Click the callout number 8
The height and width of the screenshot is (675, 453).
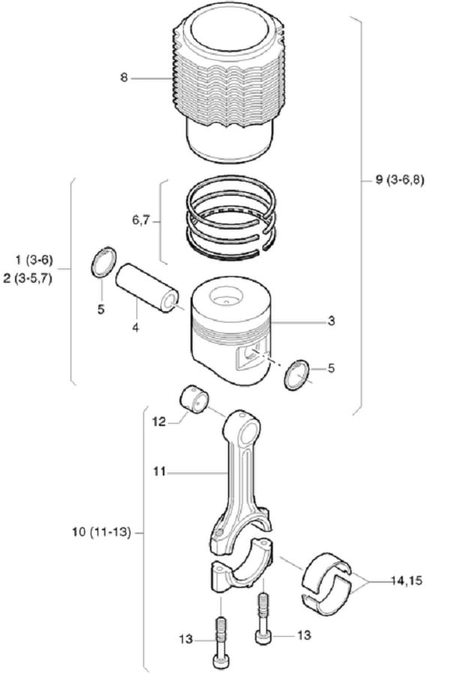click(x=124, y=76)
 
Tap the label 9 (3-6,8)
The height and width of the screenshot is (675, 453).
click(x=400, y=181)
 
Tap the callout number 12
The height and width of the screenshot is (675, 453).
click(x=159, y=422)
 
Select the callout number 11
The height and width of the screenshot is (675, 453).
click(x=159, y=472)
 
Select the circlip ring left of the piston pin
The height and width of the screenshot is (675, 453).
click(x=103, y=262)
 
